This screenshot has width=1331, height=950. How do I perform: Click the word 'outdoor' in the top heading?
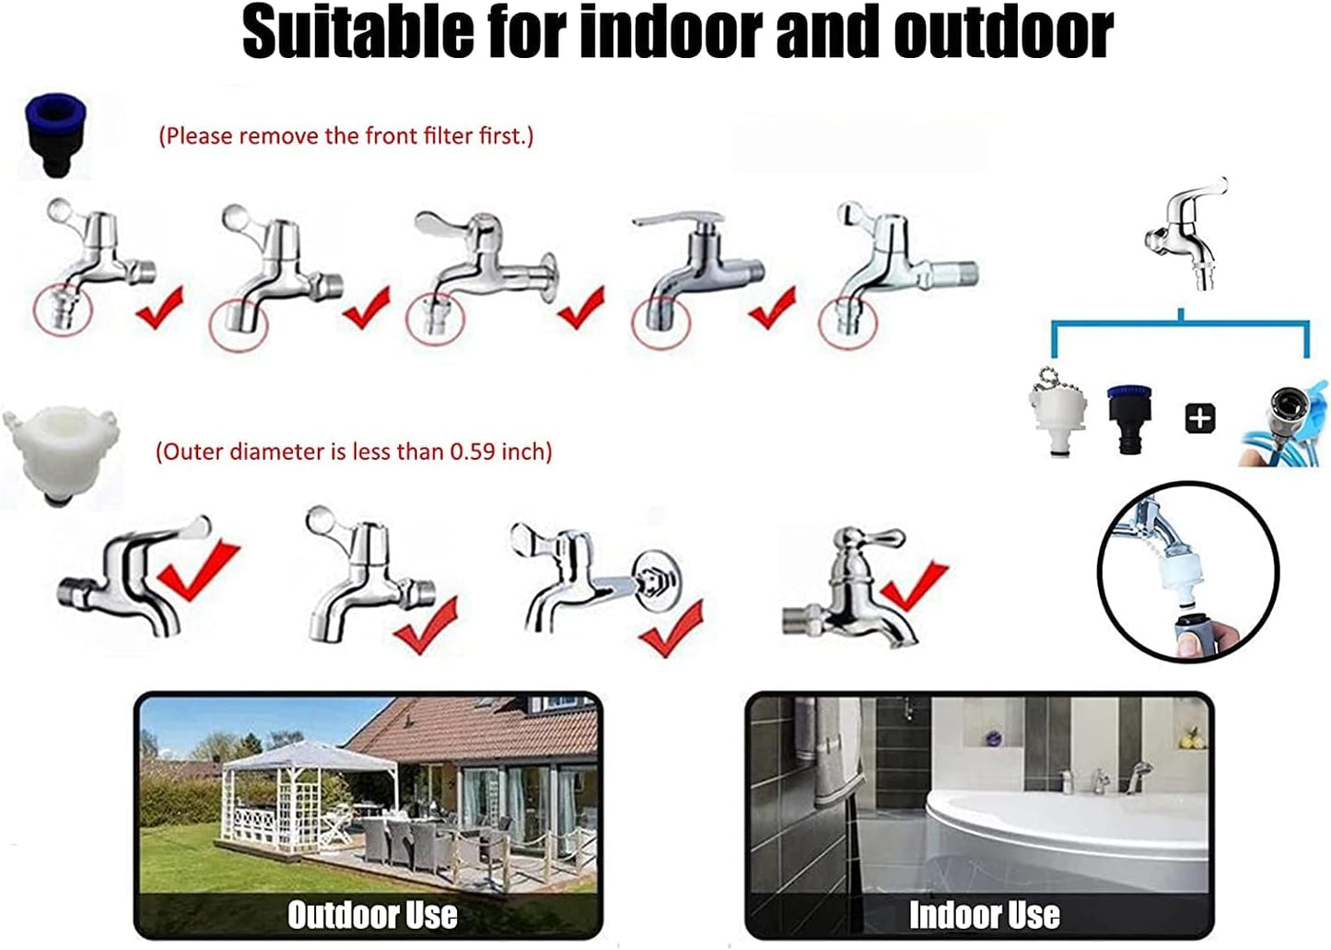click(x=1003, y=32)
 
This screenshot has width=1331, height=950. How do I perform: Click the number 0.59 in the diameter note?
click(x=472, y=452)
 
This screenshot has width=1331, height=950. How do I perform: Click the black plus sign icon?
click(x=1198, y=419)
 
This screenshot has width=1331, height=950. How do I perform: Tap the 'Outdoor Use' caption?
click(x=372, y=914)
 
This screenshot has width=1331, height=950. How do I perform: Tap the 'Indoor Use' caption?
click(x=984, y=914)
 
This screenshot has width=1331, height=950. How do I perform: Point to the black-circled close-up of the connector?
click(x=1187, y=571)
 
